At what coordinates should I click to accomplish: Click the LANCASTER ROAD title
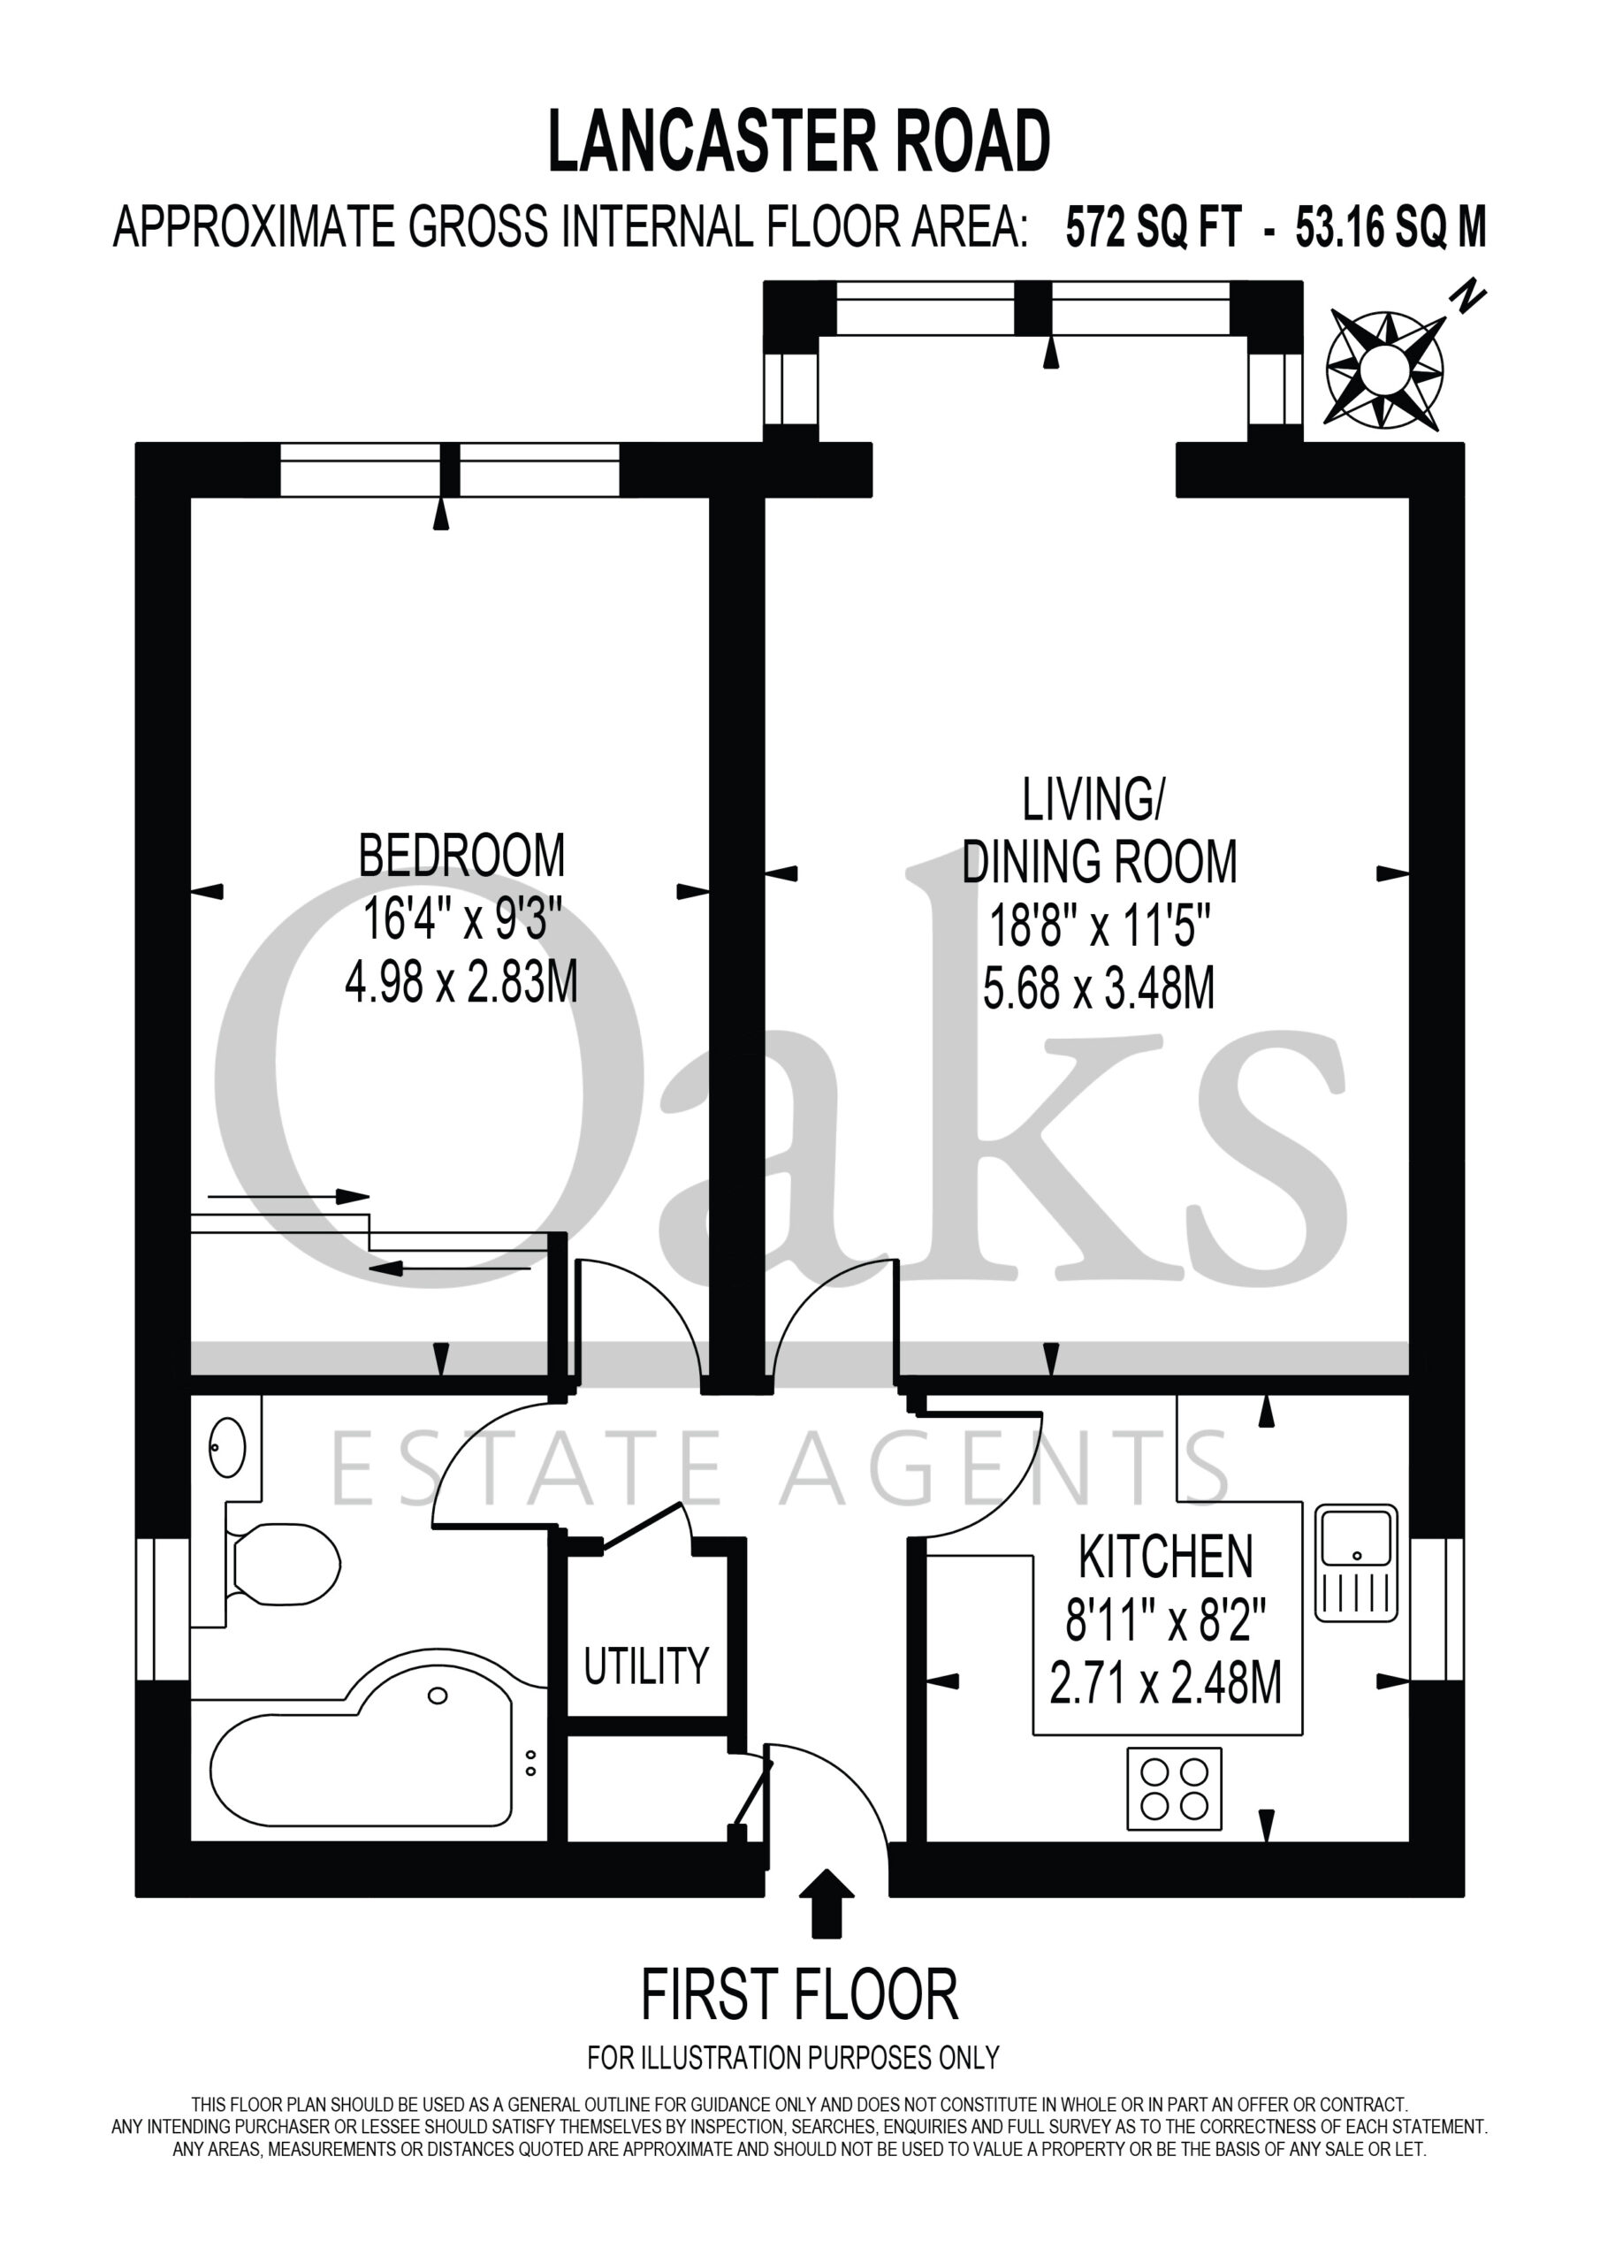click(x=798, y=142)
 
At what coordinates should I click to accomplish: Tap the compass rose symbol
click(x=1385, y=370)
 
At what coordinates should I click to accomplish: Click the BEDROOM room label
click(x=461, y=855)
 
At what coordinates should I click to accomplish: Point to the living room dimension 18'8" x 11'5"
click(x=1099, y=926)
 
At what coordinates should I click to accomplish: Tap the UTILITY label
click(x=645, y=1665)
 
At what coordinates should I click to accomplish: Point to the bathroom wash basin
click(x=227, y=1447)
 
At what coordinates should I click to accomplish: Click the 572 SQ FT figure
click(x=1154, y=229)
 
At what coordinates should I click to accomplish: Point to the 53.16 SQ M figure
click(x=1390, y=229)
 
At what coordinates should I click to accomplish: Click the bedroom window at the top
click(x=450, y=470)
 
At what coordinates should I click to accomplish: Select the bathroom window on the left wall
click(x=163, y=1609)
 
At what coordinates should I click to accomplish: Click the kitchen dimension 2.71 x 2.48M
click(x=1165, y=1685)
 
